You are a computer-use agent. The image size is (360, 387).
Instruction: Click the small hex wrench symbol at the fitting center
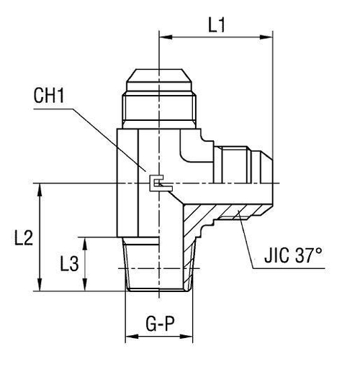pos(155,184)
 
